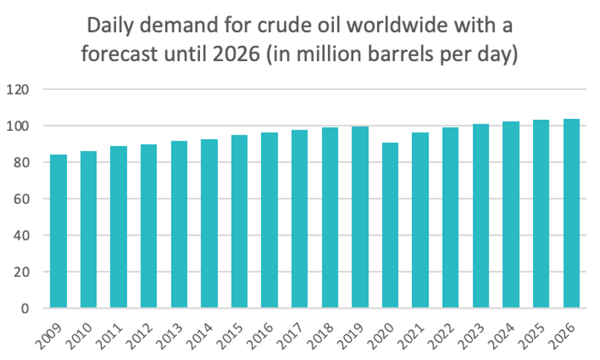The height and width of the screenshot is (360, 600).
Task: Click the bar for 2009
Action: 59,231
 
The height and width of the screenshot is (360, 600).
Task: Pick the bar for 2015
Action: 239,222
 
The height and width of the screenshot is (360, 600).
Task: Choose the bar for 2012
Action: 149,226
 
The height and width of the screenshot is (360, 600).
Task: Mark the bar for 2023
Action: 481,216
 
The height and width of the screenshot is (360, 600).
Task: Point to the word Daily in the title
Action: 110,28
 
